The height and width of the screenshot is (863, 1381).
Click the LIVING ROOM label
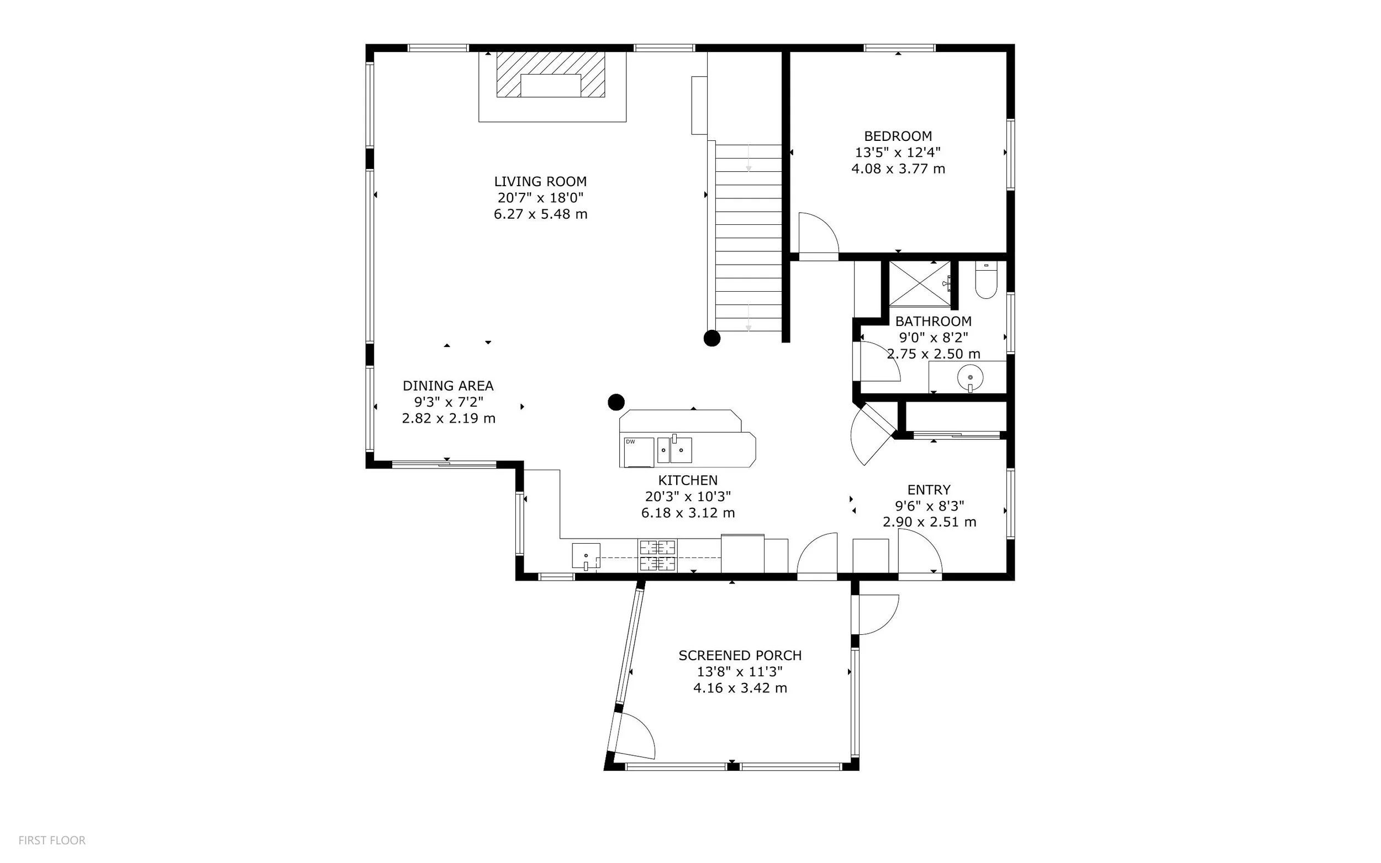540,182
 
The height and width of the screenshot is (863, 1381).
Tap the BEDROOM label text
898,136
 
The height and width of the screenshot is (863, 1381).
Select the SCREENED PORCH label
740,655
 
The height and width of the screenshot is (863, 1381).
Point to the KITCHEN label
688,480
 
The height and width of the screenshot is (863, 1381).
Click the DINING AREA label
448,386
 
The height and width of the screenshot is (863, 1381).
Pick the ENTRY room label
929,490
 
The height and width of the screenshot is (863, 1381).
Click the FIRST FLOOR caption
52,840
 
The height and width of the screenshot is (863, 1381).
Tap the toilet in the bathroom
985,280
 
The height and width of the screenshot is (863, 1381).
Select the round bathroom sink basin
971,377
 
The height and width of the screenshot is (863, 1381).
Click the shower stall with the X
920,283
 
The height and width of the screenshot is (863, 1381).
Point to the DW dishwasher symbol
639,452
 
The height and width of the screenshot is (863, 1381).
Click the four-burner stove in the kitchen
657,555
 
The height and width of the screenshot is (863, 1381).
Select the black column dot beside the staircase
711,339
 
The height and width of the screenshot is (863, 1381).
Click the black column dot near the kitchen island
616,402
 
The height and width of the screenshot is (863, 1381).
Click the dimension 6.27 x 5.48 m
540,214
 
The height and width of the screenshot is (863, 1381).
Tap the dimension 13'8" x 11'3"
740,672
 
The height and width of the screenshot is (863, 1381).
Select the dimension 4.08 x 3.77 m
898,169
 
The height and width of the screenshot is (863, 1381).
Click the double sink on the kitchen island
674,449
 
